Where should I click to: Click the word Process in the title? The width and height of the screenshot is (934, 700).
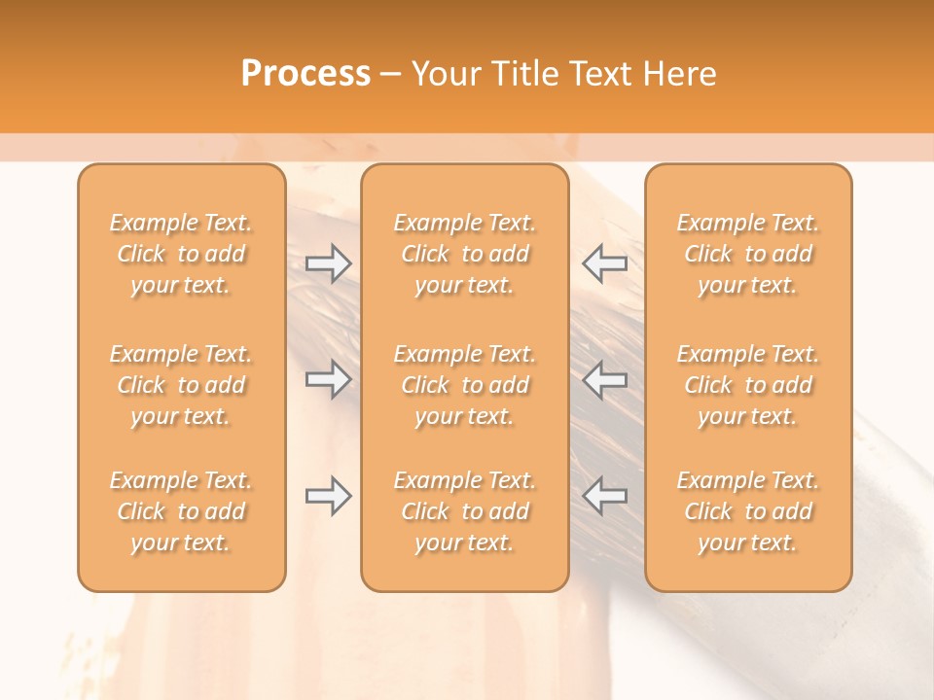point(305,74)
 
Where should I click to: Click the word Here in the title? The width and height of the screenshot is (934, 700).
point(680,74)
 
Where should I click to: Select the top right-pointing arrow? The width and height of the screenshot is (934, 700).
point(329,262)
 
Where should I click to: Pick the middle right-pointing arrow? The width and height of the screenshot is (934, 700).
point(329,379)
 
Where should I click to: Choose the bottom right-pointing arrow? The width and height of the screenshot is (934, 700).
point(329,496)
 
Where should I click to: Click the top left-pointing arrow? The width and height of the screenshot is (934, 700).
point(604,262)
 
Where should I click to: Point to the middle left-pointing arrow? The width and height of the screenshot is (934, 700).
point(604,379)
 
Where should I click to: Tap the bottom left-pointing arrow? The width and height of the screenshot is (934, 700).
point(604,496)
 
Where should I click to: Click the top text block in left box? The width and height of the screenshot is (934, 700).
point(181,254)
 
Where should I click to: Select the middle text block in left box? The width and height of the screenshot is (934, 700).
point(181,385)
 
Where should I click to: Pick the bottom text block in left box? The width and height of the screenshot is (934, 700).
point(181,511)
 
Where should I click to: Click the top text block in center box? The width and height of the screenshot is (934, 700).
point(465,254)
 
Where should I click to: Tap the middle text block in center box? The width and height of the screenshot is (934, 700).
point(465,385)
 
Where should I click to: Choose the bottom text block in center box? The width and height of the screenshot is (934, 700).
point(465,511)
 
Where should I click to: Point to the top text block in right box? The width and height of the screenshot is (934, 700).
point(748,254)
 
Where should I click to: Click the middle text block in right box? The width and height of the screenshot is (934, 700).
point(748,385)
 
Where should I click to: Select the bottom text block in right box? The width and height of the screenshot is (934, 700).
point(748,511)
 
